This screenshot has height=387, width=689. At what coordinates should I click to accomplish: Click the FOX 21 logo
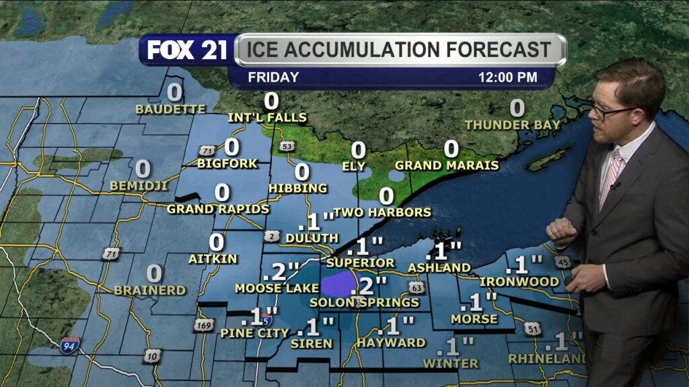point(187,50)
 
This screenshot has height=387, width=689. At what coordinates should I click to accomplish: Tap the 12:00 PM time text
point(507,77)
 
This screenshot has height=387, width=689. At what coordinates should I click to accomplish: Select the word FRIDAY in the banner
point(273,77)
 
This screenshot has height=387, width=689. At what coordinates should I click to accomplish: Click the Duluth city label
point(312,238)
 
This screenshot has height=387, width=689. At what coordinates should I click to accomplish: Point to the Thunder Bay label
point(513,125)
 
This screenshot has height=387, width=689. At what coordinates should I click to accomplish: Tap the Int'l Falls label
point(267,118)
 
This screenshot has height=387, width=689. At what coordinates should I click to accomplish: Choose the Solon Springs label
point(364,303)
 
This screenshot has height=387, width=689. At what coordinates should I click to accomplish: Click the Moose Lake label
point(267,288)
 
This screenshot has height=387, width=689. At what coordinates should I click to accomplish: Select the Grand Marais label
point(447,165)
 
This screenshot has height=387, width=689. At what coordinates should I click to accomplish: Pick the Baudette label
point(170,109)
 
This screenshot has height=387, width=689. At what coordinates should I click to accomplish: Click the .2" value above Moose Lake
point(281,271)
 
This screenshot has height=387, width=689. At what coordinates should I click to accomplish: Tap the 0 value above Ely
point(359,150)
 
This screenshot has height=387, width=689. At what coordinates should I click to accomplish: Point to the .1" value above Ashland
point(444,251)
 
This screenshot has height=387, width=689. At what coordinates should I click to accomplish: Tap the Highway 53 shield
point(287,146)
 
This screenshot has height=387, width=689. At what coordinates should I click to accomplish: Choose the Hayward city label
point(392,343)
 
